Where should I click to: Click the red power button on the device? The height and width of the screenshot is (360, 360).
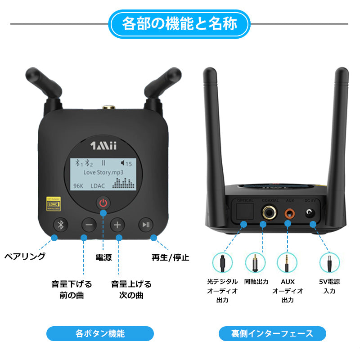pyautogui.click(x=103, y=203)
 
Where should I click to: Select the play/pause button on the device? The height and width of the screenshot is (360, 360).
pyautogui.click(x=146, y=225)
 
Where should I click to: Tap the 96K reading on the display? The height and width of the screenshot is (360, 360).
pyautogui.click(x=79, y=185)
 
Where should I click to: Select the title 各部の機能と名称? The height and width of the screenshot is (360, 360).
pyautogui.click(x=180, y=23)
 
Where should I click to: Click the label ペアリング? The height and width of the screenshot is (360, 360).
pyautogui.click(x=25, y=256)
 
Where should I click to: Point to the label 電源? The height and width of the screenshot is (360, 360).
pyautogui.click(x=103, y=257)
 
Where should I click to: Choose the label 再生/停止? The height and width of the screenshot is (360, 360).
pyautogui.click(x=170, y=257)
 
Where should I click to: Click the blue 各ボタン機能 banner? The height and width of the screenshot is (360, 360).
pyautogui.click(x=100, y=333)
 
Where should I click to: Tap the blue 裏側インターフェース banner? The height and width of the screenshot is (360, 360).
pyautogui.click(x=272, y=333)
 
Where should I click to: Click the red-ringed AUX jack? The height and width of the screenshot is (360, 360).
pyautogui.click(x=289, y=212)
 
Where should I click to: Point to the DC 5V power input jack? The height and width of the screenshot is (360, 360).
pyautogui.click(x=310, y=213)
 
